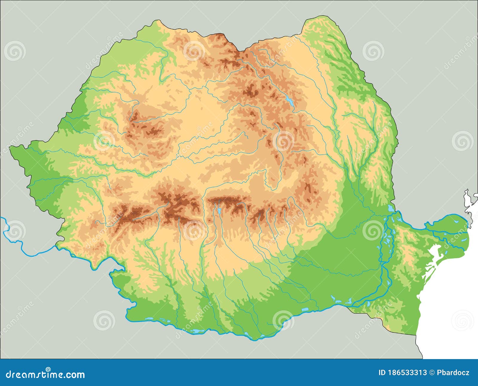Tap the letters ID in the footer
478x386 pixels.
(382, 373)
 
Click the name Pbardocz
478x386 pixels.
(453, 373)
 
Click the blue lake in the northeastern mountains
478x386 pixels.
(289, 101)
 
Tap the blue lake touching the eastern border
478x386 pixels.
(390, 208)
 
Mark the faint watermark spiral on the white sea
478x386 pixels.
(462, 320)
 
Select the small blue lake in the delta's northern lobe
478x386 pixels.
(456, 222)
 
